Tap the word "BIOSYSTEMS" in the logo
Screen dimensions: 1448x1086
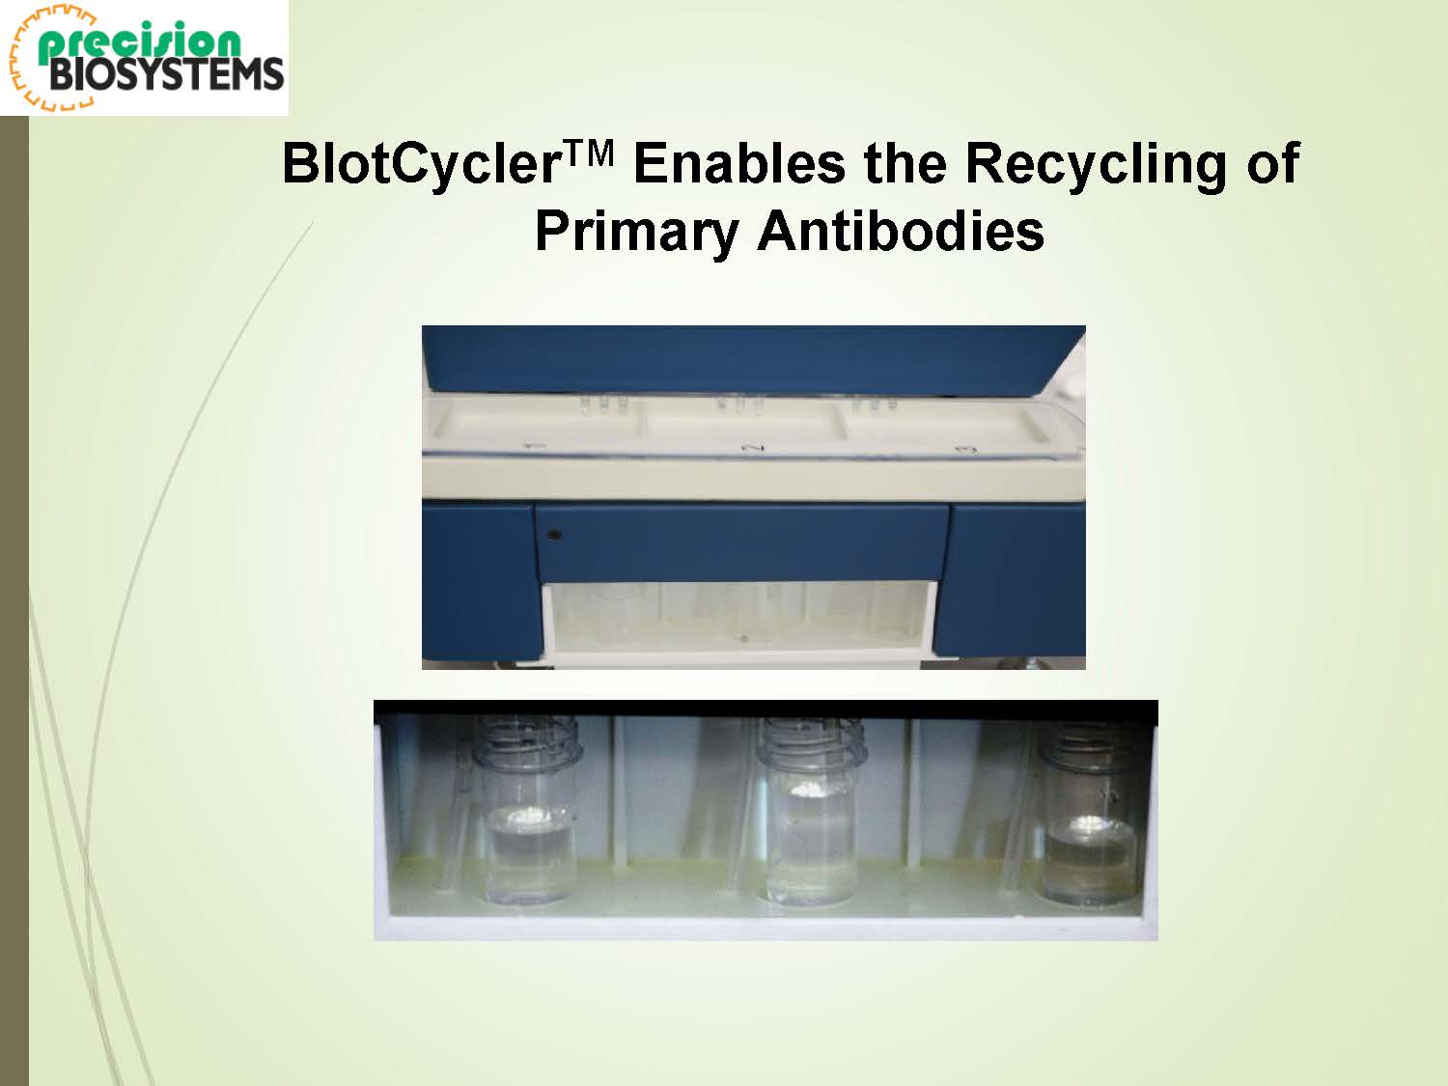(166, 74)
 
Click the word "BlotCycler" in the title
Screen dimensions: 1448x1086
(420, 163)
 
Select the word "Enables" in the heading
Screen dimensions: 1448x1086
(738, 163)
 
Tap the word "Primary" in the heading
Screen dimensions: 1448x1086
(635, 234)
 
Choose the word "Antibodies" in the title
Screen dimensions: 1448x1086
(901, 232)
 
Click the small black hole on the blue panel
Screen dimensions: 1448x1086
(555, 535)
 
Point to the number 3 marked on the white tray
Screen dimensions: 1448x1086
(965, 451)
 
